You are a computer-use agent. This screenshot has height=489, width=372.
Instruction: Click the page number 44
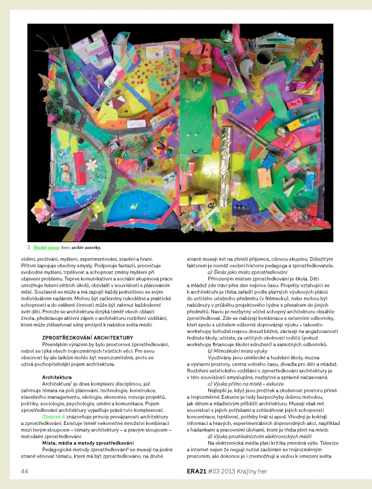point(24,471)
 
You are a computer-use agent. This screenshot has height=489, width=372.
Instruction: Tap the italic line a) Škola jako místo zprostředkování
point(248,272)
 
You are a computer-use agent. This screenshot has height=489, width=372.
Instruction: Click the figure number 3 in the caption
point(28,247)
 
